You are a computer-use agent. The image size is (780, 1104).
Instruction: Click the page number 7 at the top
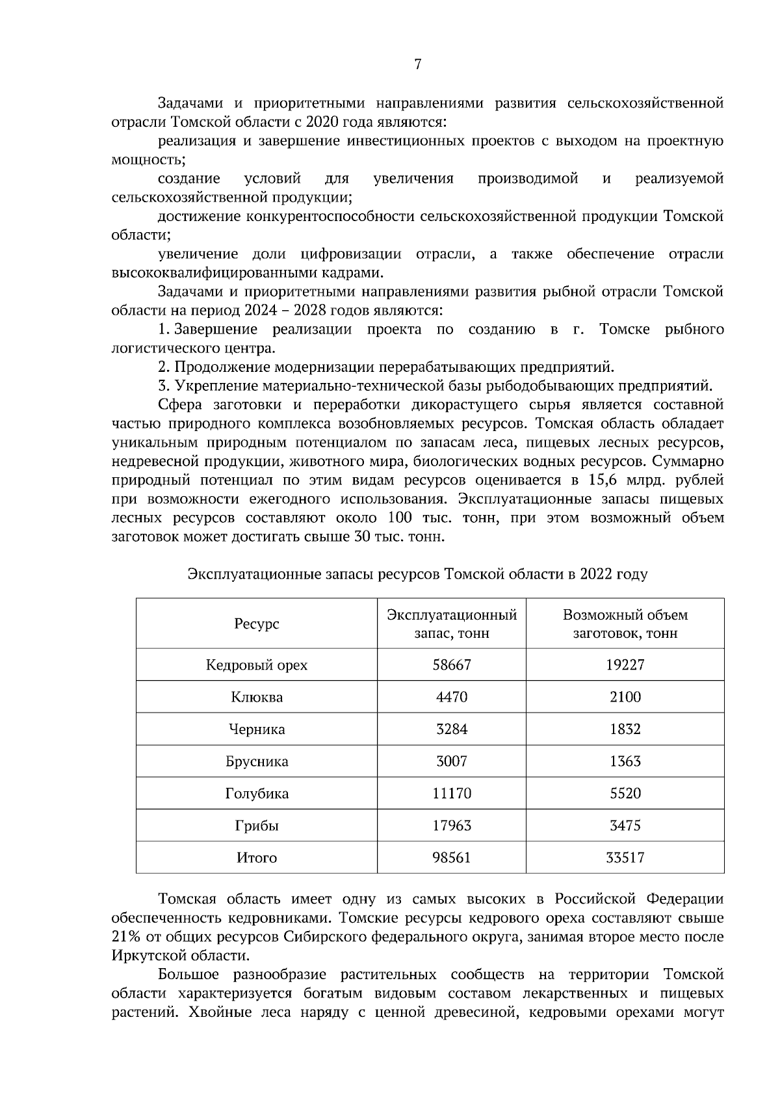[417, 64]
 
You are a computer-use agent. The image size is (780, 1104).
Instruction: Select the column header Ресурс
[257, 624]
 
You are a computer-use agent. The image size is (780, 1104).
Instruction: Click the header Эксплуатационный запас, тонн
[452, 624]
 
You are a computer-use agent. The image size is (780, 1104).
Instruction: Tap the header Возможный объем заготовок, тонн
[625, 624]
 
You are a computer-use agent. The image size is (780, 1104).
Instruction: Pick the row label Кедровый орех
[257, 665]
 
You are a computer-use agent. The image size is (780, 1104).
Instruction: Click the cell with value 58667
[452, 665]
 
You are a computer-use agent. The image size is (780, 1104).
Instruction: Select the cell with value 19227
[625, 665]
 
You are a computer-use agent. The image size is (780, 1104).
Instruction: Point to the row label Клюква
[257, 698]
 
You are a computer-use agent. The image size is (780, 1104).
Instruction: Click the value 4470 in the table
[452, 698]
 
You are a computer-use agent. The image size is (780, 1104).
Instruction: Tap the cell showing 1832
[625, 729]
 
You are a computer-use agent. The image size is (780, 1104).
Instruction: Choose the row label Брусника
[257, 762]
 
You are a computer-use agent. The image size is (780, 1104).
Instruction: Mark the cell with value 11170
[452, 794]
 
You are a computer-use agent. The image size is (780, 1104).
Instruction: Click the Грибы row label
[257, 826]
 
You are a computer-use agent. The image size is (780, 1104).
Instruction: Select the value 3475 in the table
[625, 826]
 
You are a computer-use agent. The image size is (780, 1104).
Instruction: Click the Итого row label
[257, 858]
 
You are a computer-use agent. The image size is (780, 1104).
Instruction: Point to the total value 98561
[452, 858]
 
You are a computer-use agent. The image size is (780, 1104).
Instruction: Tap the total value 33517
[625, 858]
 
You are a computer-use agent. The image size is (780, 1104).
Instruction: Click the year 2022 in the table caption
[597, 575]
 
